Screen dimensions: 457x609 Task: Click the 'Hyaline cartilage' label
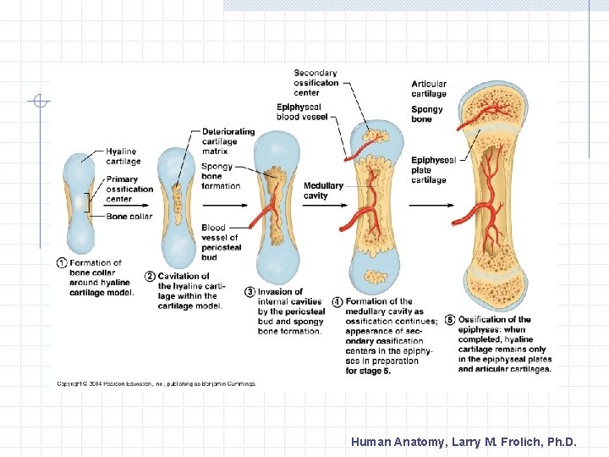point(123,157)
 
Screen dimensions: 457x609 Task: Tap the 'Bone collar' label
point(129,217)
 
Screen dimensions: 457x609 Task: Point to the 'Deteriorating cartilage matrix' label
point(228,141)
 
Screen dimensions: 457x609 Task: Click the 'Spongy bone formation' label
point(220,176)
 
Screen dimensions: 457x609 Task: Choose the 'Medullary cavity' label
point(323,190)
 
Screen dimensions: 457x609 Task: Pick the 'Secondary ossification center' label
point(315,82)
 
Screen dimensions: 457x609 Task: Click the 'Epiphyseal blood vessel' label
point(299,112)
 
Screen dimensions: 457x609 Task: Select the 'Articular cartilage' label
point(429,89)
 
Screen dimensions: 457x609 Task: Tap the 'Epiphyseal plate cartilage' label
point(433,170)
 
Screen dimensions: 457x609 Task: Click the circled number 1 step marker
point(62,263)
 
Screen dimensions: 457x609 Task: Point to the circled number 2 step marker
point(150,276)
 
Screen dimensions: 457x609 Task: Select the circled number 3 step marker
point(250,292)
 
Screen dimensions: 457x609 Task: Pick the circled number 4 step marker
point(337,302)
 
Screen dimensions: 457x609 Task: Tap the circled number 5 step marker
point(450,320)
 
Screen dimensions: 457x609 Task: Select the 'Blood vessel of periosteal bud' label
point(221,242)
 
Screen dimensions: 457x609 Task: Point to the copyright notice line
point(156,383)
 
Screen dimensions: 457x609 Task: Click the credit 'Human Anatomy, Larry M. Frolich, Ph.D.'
point(464,441)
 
